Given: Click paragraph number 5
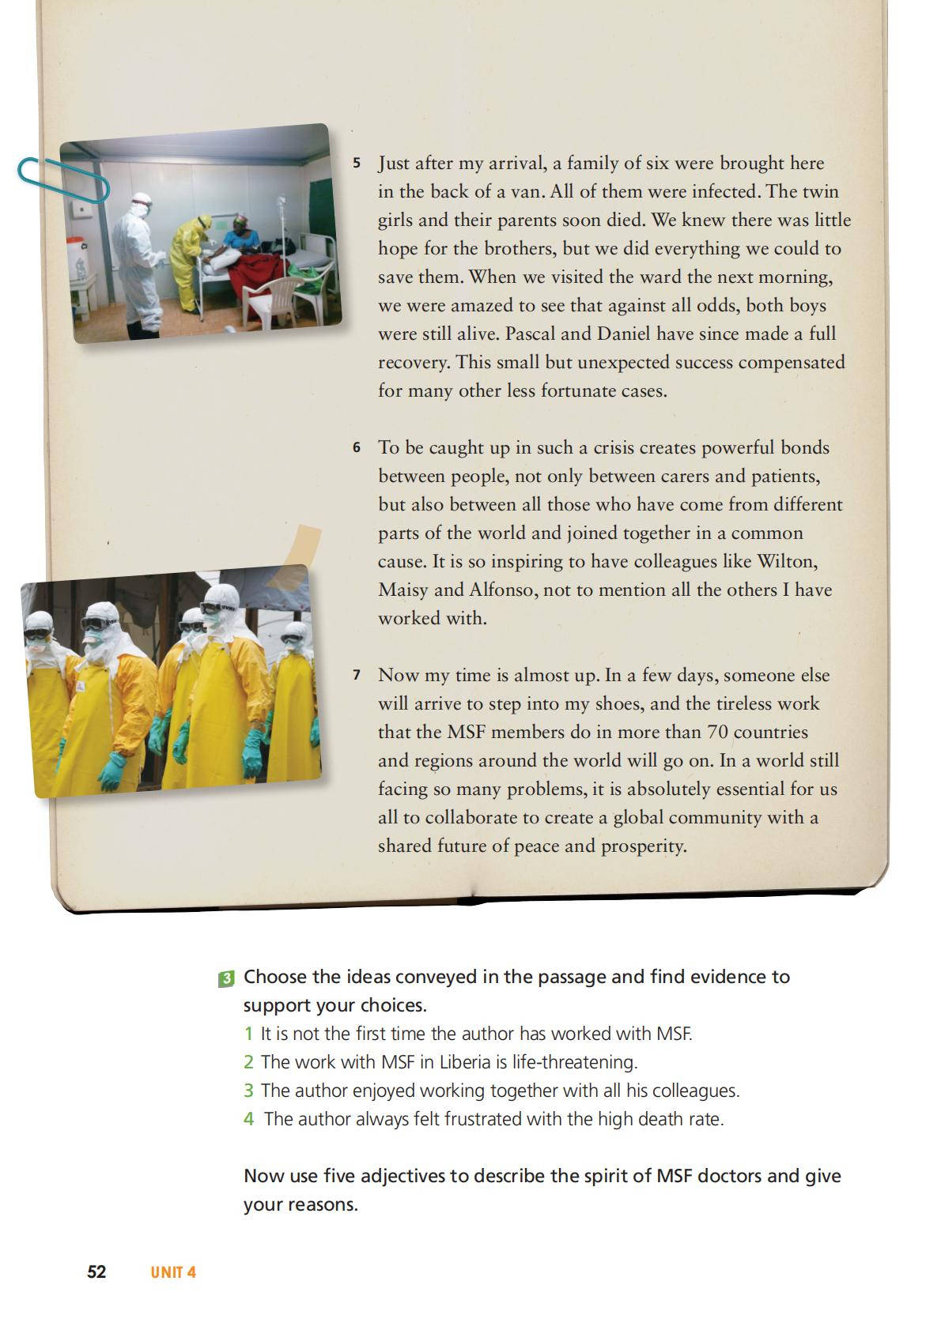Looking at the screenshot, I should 357,164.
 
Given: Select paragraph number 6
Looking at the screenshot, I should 357,448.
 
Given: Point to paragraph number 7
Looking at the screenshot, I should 357,676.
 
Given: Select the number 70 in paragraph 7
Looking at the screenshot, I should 717,732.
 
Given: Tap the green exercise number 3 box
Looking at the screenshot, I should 226,978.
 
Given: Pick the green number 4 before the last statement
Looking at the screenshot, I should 249,1119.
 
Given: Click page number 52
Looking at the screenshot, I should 96,1272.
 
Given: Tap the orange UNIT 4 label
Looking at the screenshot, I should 173,1272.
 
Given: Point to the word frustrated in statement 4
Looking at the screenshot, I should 483,1119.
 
